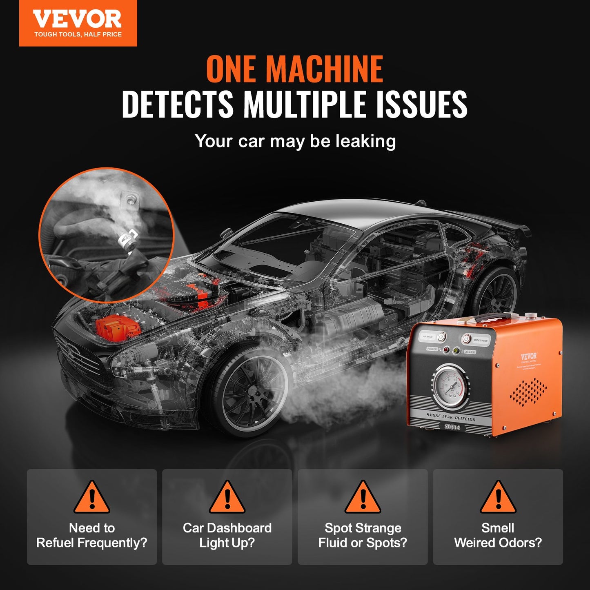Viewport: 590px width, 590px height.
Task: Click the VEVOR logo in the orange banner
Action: (78, 19)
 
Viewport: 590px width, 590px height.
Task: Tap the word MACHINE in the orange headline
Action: (325, 69)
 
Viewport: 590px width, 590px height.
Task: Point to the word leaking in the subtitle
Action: (365, 141)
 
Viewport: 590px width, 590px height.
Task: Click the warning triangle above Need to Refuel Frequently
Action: (92, 497)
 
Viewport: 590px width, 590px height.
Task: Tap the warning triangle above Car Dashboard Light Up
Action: (227, 497)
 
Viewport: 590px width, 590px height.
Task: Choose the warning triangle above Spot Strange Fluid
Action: (363, 497)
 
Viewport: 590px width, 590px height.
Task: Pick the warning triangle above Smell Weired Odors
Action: (498, 497)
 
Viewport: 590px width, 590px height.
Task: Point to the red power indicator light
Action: (446, 350)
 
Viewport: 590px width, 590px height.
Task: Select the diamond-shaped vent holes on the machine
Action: (529, 392)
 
